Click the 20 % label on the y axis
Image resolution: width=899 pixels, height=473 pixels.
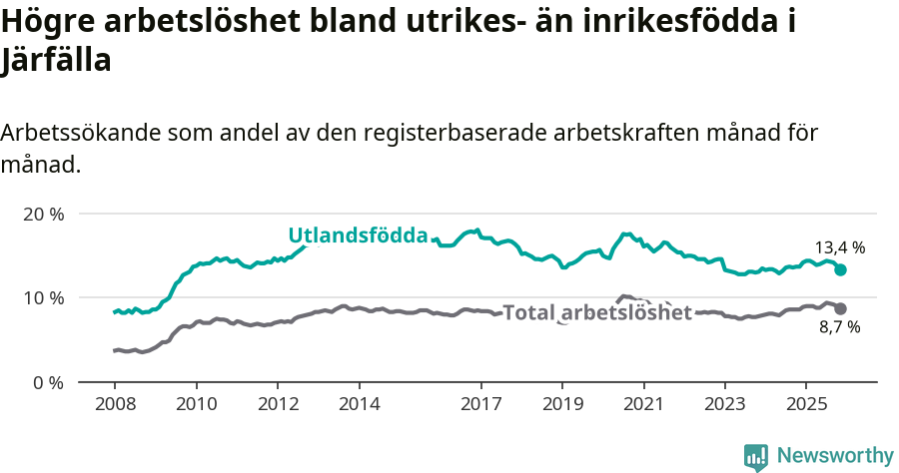42,214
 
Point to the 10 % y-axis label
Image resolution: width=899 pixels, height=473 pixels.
42,297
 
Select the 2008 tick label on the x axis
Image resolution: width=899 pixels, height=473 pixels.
114,404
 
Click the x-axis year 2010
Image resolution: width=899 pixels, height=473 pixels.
196,404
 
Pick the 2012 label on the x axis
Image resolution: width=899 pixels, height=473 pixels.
278,404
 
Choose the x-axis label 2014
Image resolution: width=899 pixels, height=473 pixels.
360,404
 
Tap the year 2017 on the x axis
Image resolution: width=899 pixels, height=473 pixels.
481,404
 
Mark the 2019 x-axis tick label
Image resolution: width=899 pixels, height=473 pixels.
562,404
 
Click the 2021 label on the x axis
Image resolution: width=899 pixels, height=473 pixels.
644,404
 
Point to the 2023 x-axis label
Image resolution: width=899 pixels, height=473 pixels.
726,404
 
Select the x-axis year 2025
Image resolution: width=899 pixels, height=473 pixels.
807,404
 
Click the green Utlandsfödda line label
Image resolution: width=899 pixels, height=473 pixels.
358,236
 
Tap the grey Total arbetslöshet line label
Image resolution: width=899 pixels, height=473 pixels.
597,312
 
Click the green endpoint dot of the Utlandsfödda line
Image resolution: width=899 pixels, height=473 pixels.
841,269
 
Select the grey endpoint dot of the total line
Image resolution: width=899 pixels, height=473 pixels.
841,309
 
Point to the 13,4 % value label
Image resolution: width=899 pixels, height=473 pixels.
839,247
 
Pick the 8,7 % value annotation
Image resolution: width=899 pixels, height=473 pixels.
840,327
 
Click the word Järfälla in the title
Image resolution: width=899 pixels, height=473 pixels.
56,59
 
